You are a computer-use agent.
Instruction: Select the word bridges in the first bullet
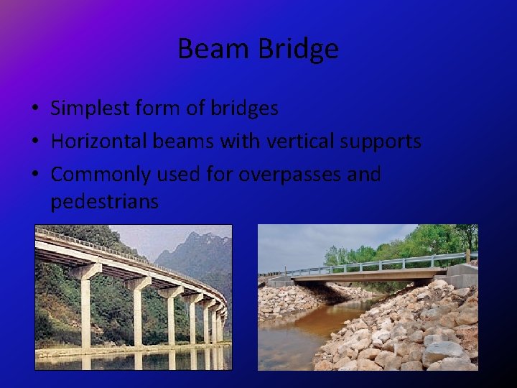coord(244,108)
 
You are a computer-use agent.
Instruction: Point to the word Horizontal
coord(99,142)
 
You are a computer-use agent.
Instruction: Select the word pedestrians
coord(104,202)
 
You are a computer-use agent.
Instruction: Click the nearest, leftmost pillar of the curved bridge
coord(85,309)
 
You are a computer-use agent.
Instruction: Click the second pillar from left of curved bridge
coord(137,313)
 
